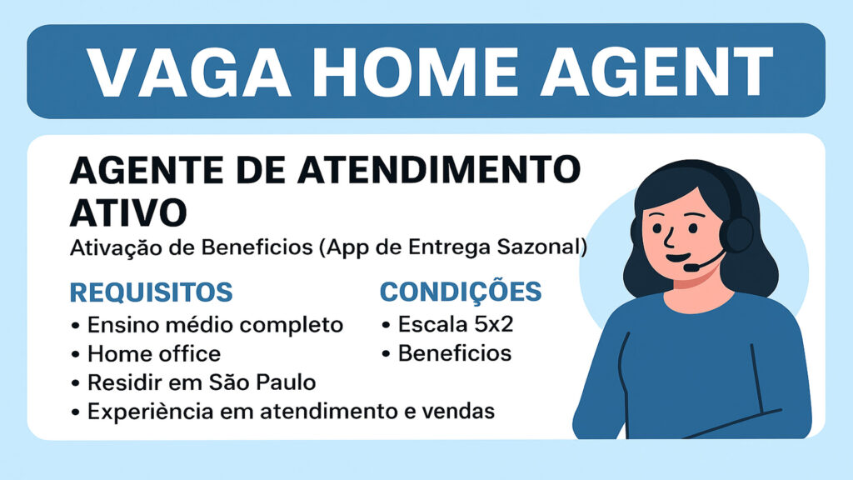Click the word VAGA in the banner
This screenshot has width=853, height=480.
coord(188,72)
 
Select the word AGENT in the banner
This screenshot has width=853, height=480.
coord(656,72)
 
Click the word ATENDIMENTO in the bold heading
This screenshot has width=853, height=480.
coord(439,169)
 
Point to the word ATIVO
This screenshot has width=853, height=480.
coord(128,212)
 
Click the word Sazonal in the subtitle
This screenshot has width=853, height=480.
coord(541,247)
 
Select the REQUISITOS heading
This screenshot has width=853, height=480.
coord(152,292)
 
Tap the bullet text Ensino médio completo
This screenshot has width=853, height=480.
coord(216,325)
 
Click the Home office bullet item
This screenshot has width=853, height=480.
coord(154,353)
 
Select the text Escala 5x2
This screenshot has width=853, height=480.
coord(456,324)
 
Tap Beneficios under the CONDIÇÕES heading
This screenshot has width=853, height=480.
coord(455,353)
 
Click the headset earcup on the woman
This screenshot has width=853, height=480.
coord(736,233)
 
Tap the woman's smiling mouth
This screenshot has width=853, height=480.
coord(678,257)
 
